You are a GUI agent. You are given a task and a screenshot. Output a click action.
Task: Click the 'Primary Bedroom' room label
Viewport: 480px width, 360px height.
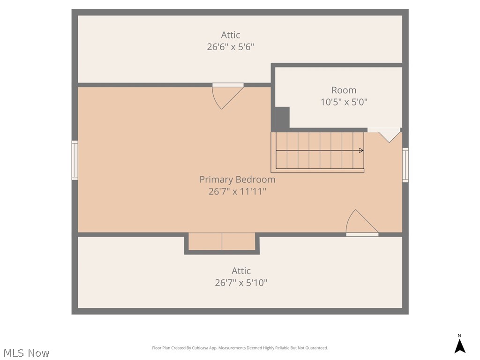point(237,180)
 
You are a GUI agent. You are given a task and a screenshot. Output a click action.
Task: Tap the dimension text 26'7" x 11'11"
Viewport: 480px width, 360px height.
point(237,191)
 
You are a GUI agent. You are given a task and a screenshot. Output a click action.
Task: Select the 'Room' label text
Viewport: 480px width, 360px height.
point(344,90)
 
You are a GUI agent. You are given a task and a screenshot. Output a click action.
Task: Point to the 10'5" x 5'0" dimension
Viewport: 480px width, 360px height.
point(344,102)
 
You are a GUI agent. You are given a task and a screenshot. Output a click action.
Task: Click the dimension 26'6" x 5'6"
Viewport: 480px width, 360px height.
point(231,47)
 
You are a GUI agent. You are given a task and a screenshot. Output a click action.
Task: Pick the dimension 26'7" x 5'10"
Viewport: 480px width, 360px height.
point(241,283)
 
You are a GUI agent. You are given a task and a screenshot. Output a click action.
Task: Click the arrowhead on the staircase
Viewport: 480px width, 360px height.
point(361,150)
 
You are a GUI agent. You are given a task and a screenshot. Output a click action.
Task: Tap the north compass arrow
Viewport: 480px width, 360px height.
point(459,346)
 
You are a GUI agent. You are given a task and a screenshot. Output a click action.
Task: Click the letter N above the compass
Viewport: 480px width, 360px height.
point(459,336)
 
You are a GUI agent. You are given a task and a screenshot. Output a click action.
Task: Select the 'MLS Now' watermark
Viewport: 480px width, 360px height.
point(26,353)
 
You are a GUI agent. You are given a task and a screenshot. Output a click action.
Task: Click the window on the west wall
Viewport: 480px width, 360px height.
point(75,160)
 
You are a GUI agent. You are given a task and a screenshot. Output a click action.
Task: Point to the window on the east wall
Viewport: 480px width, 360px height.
point(405,165)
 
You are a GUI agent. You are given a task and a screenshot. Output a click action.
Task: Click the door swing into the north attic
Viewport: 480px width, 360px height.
point(228,96)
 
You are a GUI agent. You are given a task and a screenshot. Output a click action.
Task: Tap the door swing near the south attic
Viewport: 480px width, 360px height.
point(362,223)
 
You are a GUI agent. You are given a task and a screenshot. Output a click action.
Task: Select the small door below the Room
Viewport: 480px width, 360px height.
point(384,135)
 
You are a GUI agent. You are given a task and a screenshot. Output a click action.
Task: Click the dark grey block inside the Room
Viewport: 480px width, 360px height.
point(282,118)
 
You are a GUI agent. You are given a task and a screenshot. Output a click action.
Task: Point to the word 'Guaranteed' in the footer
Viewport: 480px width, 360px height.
point(318,348)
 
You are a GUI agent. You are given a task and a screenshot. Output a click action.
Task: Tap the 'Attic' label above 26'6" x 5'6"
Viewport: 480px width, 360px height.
point(231,35)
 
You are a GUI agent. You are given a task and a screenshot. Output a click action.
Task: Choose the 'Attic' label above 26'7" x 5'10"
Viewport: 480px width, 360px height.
point(241,271)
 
